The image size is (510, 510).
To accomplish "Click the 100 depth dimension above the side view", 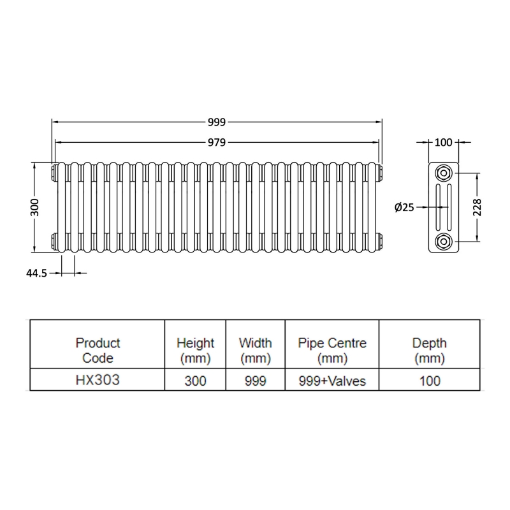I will pyautogui.click(x=443, y=142).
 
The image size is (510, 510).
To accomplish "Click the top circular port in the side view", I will pyautogui.click(x=443, y=173).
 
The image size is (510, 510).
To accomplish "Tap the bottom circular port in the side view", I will pyautogui.click(x=443, y=241).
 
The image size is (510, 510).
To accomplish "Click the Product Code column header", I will pyautogui.click(x=98, y=351).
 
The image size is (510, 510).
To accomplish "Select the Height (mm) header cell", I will pyautogui.click(x=196, y=351).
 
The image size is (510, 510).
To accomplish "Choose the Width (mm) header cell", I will pyautogui.click(x=255, y=351).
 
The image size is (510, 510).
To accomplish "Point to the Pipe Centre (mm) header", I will pyautogui.click(x=332, y=351).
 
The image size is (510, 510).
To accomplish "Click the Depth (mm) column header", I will pyautogui.click(x=429, y=351).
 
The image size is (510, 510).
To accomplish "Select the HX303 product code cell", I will pyautogui.click(x=98, y=381).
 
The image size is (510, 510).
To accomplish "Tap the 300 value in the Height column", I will pyautogui.click(x=196, y=381).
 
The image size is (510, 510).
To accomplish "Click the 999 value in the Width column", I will pyautogui.click(x=255, y=381).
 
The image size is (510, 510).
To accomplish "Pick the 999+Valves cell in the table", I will pyautogui.click(x=332, y=381).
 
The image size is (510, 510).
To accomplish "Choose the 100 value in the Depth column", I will pyautogui.click(x=429, y=381).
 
